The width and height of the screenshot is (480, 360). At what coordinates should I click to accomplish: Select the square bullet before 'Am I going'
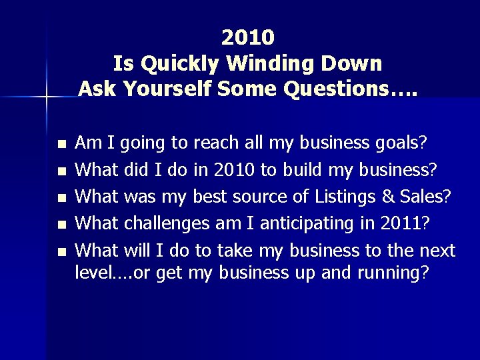(62, 144)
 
